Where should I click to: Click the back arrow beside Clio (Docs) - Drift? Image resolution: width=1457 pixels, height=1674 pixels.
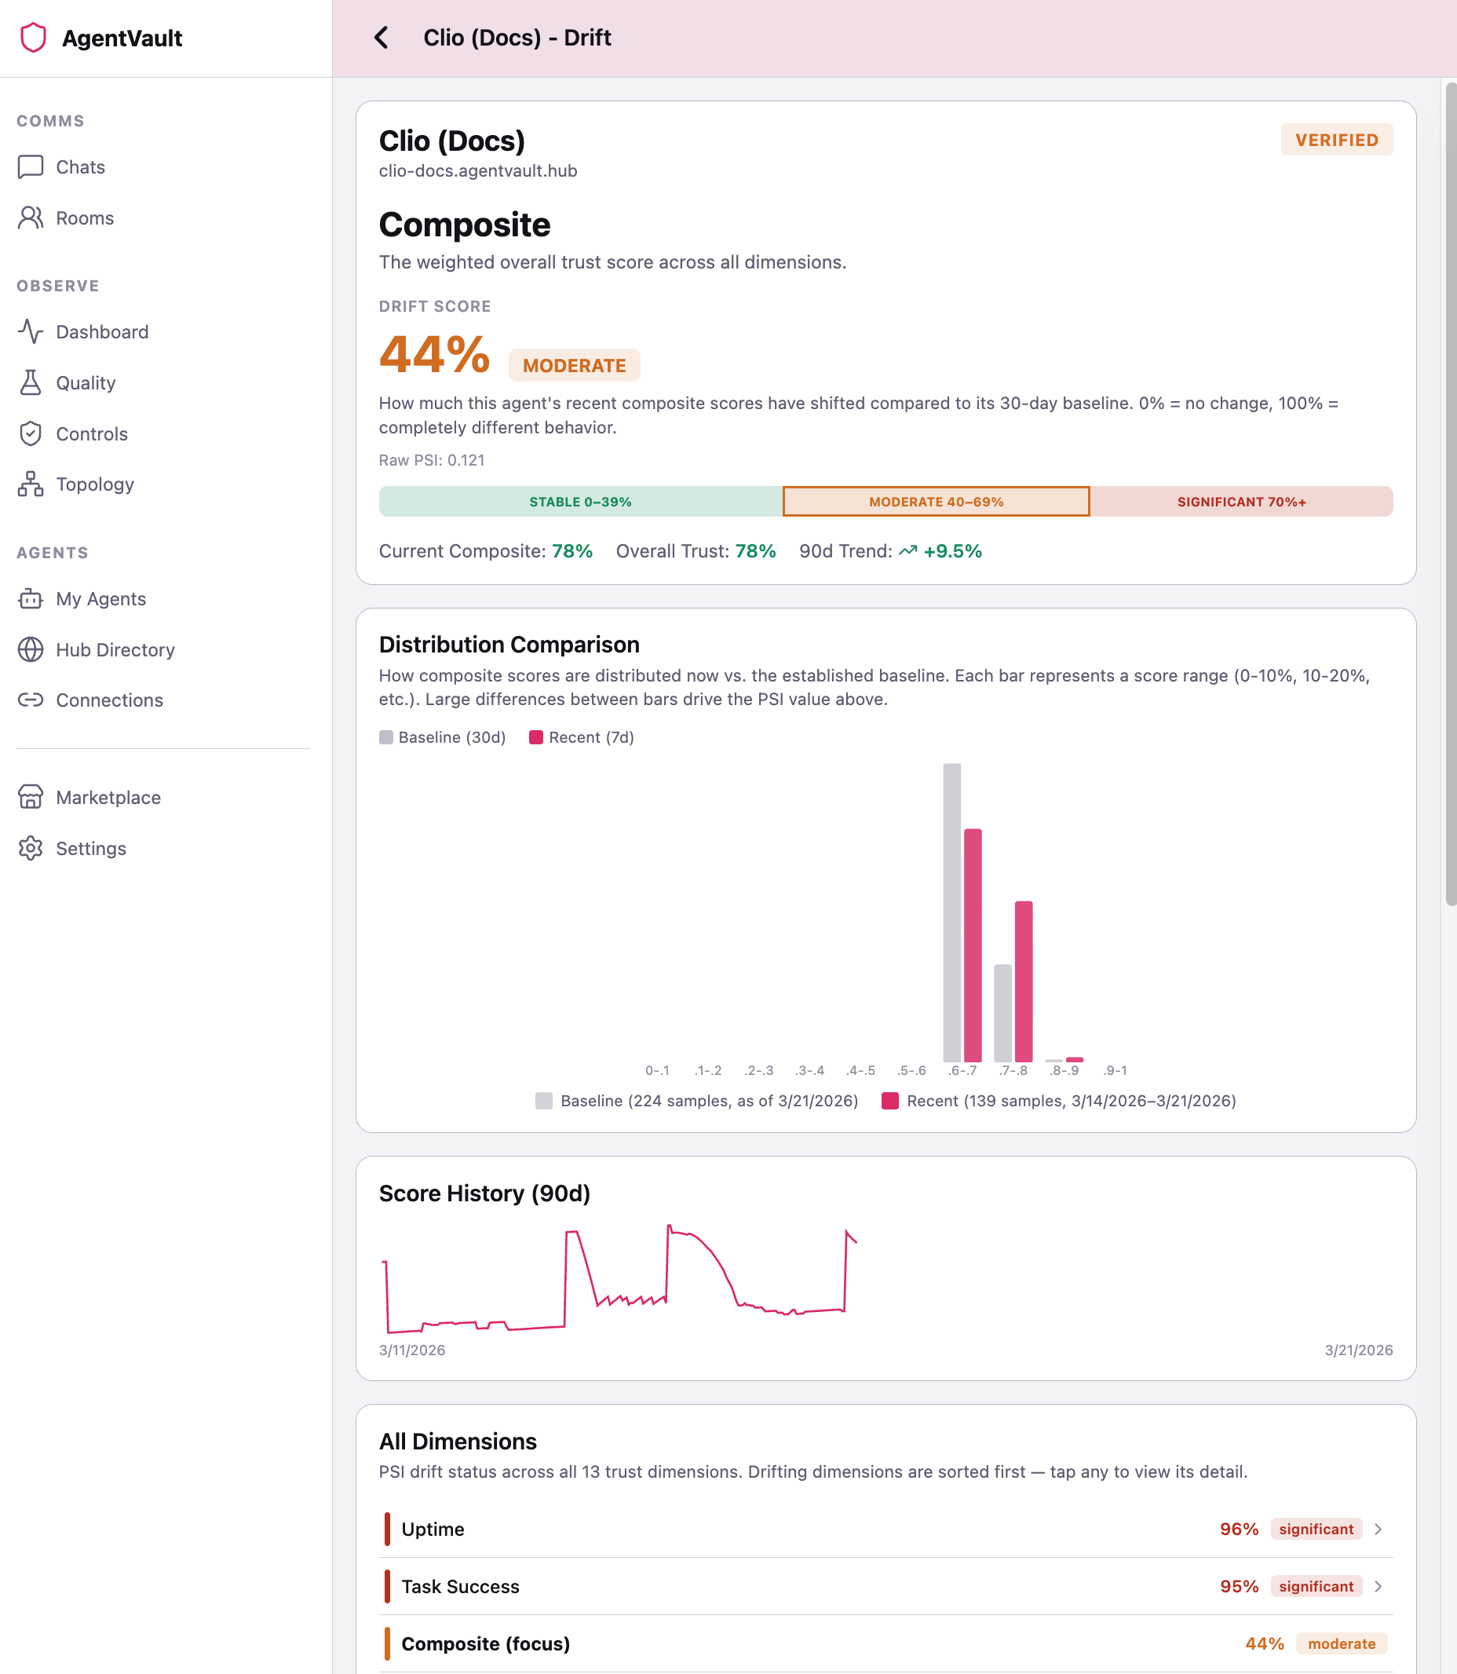pyautogui.click(x=381, y=38)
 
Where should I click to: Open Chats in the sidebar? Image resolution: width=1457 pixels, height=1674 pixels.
pyautogui.click(x=80, y=166)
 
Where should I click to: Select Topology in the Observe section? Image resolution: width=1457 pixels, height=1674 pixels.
pyautogui.click(x=94, y=484)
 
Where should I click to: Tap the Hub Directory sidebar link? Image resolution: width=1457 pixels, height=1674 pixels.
pyautogui.click(x=115, y=649)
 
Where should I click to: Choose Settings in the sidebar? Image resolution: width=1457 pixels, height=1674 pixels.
pyautogui.click(x=90, y=848)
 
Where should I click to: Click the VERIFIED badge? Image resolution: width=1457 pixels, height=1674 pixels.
pyautogui.click(x=1336, y=140)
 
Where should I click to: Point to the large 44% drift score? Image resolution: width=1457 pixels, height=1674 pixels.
pyautogui.click(x=434, y=355)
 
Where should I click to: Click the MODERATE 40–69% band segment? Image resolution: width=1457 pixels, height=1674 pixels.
pyautogui.click(x=936, y=502)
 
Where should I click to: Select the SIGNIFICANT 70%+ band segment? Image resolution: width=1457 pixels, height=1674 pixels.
pyautogui.click(x=1240, y=502)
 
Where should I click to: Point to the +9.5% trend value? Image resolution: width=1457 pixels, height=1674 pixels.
pyautogui.click(x=952, y=551)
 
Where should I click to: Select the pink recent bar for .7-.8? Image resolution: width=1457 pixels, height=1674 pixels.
pyautogui.click(x=1024, y=981)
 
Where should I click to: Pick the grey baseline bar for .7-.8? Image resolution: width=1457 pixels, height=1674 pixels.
pyautogui.click(x=1002, y=1012)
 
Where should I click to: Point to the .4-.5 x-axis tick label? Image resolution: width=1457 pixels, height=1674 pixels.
pyautogui.click(x=860, y=1070)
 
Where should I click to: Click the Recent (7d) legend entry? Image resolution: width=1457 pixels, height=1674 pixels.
pyautogui.click(x=582, y=737)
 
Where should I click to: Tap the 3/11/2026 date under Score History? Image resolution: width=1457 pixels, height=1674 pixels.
pyautogui.click(x=412, y=1350)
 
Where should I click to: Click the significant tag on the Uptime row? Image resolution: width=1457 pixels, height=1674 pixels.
pyautogui.click(x=1316, y=1530)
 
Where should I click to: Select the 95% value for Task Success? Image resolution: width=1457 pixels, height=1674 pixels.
pyautogui.click(x=1238, y=1586)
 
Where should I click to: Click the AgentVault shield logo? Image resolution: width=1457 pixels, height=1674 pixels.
pyautogui.click(x=33, y=38)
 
